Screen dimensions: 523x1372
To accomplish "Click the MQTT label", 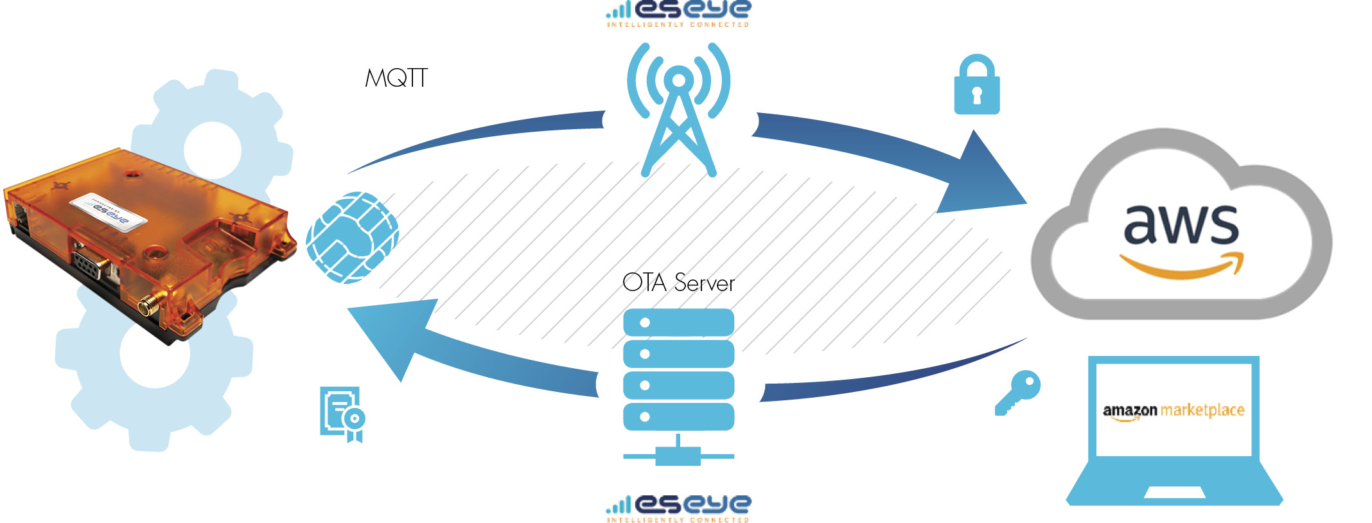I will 396,78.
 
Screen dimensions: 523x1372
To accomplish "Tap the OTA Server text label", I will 678,283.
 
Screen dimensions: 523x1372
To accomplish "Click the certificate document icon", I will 342,414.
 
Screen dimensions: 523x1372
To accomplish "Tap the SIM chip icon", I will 352,237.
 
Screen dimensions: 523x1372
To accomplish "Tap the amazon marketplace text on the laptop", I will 1174,410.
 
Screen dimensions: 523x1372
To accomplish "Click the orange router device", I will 148,244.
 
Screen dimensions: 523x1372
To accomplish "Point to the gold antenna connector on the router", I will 150,305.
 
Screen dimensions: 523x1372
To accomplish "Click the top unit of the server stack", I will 678,323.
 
